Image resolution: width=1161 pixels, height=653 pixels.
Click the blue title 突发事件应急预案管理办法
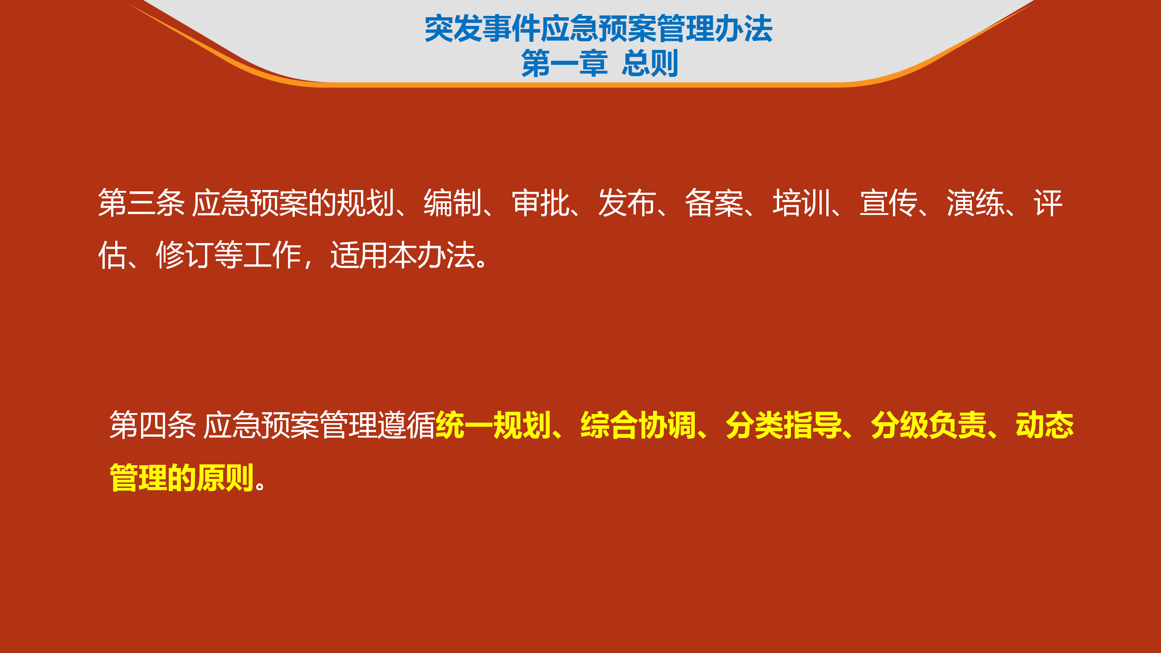[599, 29]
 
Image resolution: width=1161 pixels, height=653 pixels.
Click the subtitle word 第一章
[565, 63]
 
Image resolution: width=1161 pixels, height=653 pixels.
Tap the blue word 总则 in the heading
[650, 63]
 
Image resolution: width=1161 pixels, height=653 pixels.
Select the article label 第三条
[141, 203]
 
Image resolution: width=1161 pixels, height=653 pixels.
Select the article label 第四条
[153, 425]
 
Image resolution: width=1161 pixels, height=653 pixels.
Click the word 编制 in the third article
[453, 203]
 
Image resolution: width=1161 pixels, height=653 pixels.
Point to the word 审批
[540, 203]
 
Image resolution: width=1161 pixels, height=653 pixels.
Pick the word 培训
[801, 203]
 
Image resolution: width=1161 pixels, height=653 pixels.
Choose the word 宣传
[888, 203]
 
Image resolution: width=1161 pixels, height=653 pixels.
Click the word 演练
[976, 203]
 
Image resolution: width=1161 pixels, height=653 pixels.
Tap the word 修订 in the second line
[185, 255]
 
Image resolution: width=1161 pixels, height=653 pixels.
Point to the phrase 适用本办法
[403, 255]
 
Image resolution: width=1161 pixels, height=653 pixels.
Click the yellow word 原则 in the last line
[225, 478]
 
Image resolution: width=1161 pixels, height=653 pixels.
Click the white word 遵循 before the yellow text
[406, 425]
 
